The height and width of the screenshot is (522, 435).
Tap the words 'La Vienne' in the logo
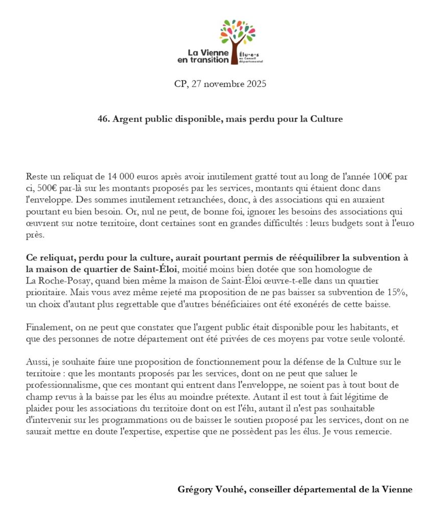(208, 53)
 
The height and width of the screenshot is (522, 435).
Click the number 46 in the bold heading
(102, 119)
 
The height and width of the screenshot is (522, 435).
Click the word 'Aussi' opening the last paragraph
(36, 361)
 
